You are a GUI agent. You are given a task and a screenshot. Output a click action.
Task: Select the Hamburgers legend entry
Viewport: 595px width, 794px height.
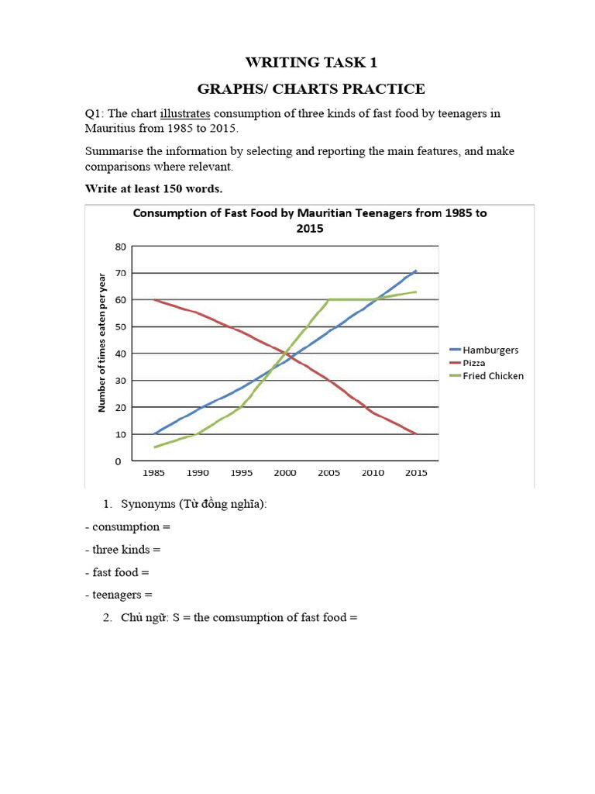[491, 350]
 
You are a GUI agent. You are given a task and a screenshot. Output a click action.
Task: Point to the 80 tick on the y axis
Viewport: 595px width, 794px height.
[119, 247]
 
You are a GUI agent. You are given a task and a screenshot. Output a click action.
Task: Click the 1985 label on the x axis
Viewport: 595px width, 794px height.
[155, 472]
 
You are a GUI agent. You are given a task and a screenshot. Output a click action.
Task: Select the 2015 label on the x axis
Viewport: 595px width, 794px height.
[417, 472]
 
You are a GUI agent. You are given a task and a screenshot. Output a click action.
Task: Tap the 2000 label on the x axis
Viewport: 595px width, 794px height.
[286, 472]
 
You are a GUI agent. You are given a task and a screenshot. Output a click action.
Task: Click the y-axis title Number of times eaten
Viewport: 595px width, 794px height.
[101, 342]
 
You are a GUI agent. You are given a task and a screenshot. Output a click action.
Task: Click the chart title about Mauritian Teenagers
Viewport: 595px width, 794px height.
[310, 221]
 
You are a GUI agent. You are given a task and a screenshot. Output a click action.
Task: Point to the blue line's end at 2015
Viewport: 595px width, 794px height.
[416, 271]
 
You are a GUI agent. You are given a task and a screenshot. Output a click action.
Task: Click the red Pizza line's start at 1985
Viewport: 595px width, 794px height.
[156, 300]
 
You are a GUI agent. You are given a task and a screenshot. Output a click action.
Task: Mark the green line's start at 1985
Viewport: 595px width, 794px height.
[156, 447]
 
